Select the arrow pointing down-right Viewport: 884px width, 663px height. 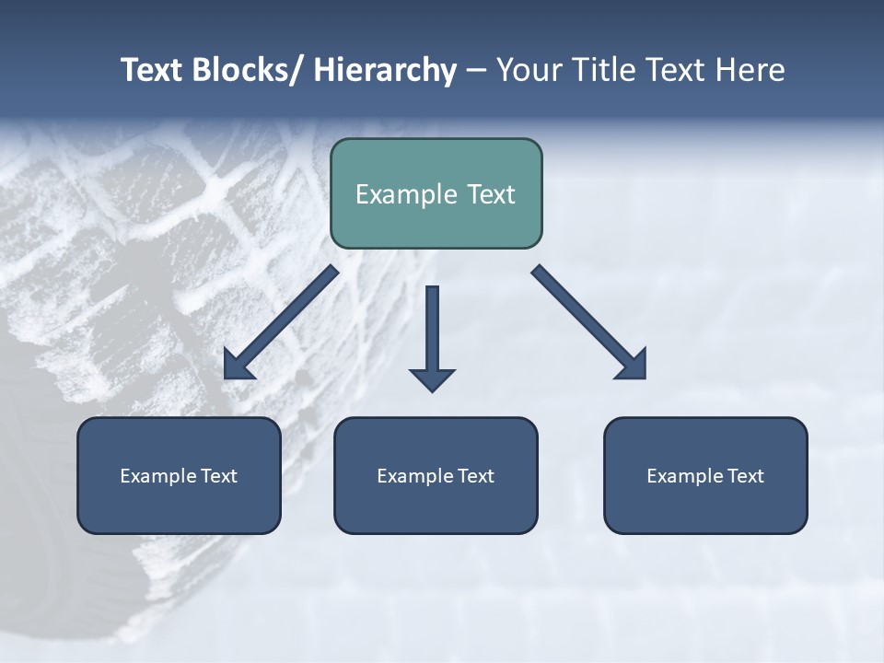589,322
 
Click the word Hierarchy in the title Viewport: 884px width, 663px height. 385,71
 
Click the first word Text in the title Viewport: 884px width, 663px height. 153,71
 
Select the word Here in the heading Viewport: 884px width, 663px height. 750,71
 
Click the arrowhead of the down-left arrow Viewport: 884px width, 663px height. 237,366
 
